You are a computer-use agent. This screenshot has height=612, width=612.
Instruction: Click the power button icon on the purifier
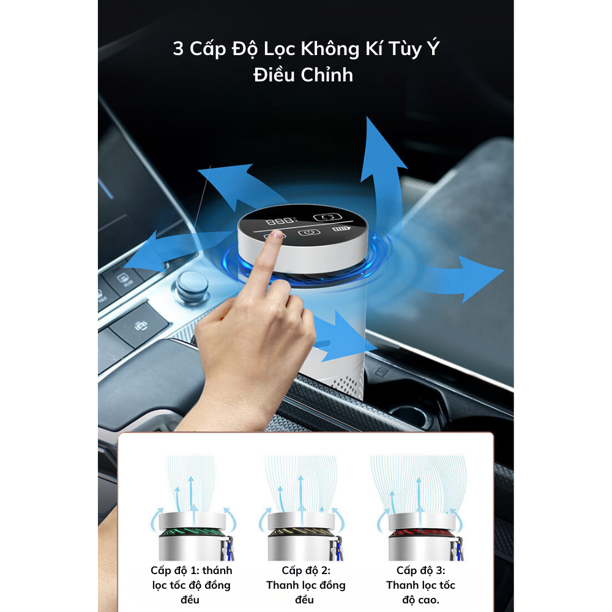coord(308,232)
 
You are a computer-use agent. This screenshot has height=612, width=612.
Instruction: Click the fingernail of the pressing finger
coord(278,234)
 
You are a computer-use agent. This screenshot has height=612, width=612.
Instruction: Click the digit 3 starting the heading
coord(178,49)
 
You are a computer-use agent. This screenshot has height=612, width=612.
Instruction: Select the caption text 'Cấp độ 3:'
coord(420,570)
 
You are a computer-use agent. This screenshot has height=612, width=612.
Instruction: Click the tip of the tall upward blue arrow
coord(371,121)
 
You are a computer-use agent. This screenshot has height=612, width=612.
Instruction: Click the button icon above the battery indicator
coord(324,217)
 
